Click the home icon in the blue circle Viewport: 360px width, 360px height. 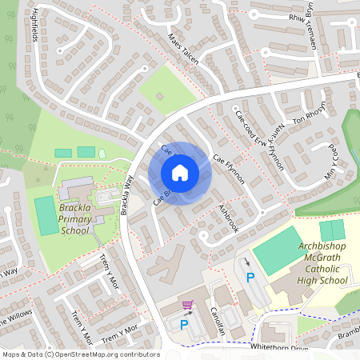180,173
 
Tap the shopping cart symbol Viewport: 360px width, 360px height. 188,305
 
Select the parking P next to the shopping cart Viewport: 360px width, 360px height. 185,325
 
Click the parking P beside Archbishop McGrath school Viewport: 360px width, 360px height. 250,278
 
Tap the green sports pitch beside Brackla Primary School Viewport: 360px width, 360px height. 46,215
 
